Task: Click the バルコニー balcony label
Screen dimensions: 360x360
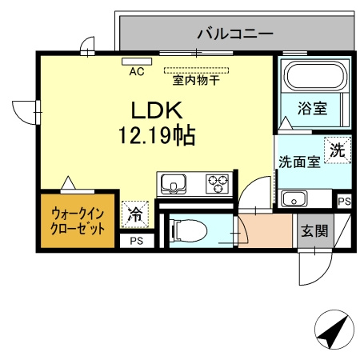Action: click(x=235, y=34)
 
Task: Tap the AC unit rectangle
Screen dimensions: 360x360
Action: click(x=137, y=62)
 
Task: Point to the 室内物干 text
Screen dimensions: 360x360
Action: click(x=196, y=80)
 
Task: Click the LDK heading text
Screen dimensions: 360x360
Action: click(x=157, y=110)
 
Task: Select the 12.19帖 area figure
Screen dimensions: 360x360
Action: click(x=157, y=135)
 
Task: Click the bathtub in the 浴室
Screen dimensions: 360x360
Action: click(x=314, y=76)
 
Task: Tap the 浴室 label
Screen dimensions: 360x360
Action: click(x=312, y=108)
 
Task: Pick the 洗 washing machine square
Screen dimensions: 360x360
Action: click(x=338, y=150)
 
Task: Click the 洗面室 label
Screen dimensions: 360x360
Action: click(x=299, y=162)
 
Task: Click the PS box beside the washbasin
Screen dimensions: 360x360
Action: click(x=344, y=201)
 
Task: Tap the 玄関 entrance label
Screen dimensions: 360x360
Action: click(x=314, y=230)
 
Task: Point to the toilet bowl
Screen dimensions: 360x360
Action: click(x=190, y=230)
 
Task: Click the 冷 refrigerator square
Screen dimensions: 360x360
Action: click(x=135, y=214)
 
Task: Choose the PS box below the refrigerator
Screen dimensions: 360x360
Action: click(x=137, y=241)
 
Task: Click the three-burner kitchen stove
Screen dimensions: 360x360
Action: click(x=218, y=183)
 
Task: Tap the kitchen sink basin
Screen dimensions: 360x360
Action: click(x=174, y=183)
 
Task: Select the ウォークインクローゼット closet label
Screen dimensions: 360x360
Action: click(x=78, y=222)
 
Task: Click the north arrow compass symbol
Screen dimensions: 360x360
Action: click(x=334, y=330)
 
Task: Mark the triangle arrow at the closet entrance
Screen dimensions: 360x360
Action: click(x=68, y=182)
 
